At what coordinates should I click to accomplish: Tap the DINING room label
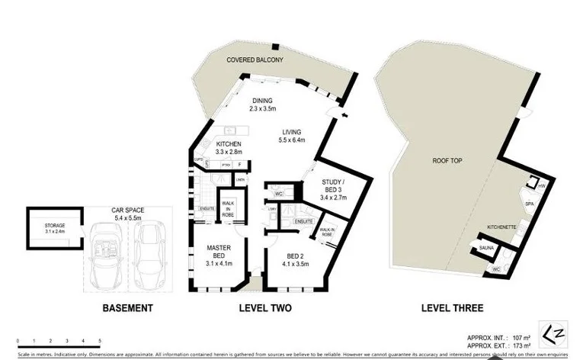pos(264,104)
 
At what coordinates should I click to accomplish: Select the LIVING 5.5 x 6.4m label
pos(292,135)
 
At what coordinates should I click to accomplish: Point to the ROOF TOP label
pos(448,162)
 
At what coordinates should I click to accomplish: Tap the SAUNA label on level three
pos(487,249)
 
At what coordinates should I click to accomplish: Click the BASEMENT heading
pos(128,309)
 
